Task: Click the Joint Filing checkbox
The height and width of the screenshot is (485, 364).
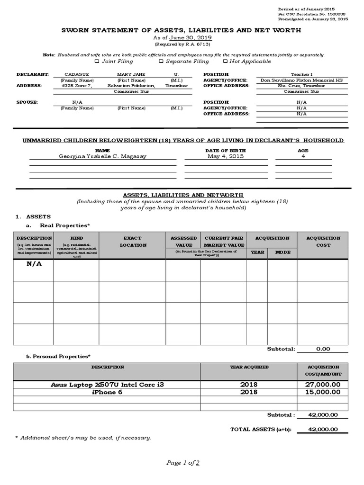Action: pos(97,61)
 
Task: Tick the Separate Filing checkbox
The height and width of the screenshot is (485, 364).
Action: pos(161,61)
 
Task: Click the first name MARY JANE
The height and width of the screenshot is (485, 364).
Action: pos(131,74)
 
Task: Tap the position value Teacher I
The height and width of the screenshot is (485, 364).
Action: pos(301,74)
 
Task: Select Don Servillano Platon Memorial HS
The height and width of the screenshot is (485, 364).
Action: pos(301,81)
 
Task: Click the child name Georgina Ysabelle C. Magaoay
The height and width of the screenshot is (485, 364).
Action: pos(102,156)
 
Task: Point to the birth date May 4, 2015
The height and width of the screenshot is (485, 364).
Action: pos(226,156)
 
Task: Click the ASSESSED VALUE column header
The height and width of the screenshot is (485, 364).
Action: pos(183,242)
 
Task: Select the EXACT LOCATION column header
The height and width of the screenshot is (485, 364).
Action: pos(132,242)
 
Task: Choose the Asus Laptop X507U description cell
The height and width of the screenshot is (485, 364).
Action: pos(107,385)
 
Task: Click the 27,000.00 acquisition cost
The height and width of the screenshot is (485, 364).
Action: pos(322,385)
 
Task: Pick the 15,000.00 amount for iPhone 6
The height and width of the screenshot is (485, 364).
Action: pos(322,392)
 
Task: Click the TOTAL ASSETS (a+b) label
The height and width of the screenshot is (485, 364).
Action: pos(260,429)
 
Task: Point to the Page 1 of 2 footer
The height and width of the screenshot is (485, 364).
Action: pos(182,463)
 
